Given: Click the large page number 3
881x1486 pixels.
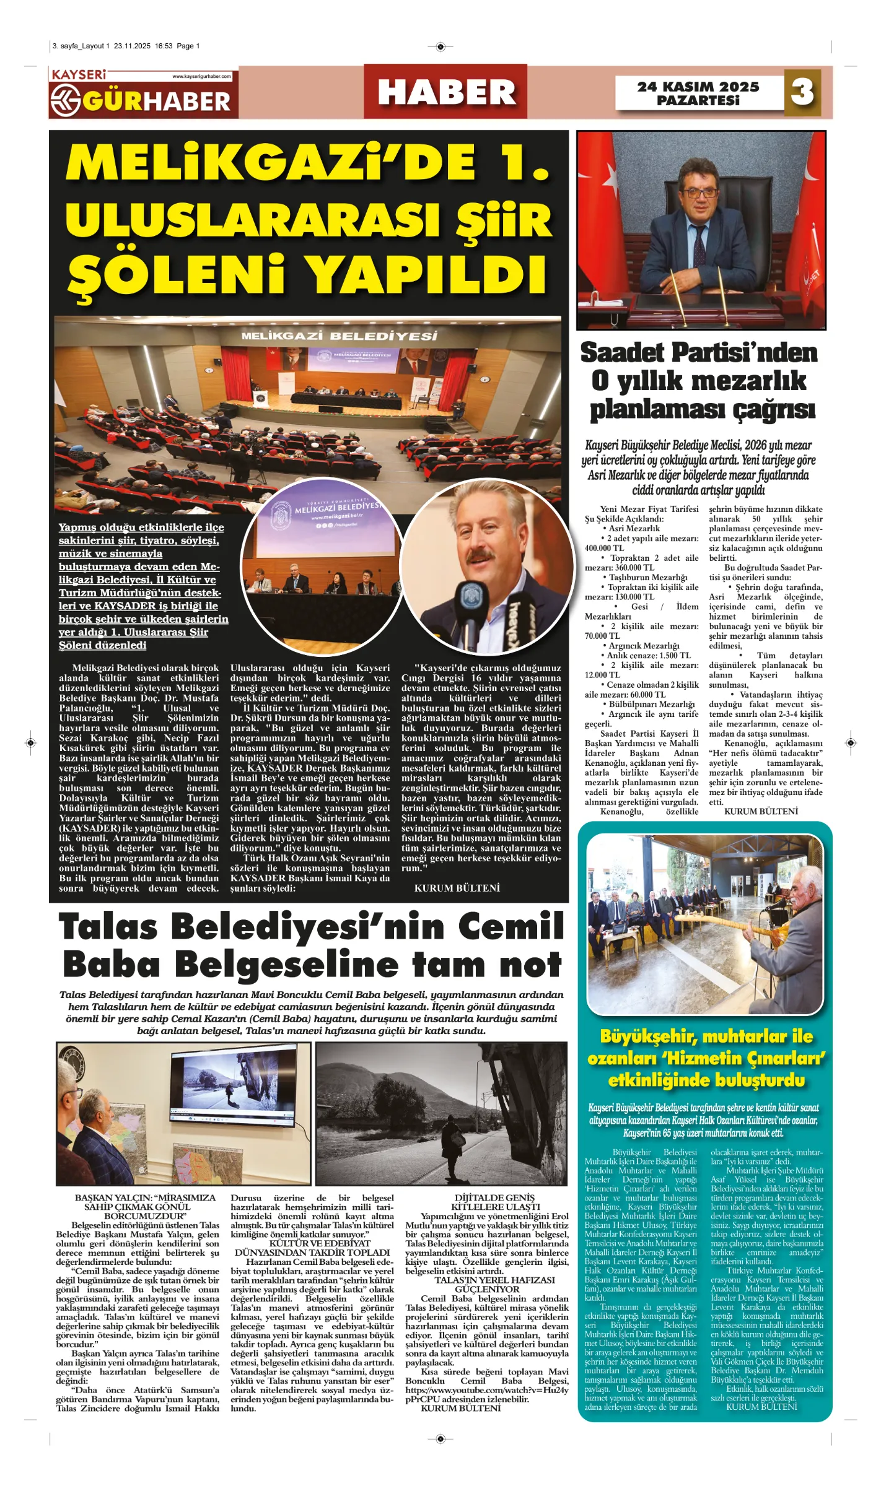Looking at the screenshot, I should (802, 92).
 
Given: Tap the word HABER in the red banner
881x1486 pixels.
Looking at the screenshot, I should (446, 92).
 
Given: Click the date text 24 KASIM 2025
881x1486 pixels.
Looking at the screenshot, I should (698, 87).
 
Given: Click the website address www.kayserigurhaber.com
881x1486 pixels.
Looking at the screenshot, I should (201, 77).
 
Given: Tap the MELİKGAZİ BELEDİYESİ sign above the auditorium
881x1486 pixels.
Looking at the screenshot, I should (339, 336).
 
